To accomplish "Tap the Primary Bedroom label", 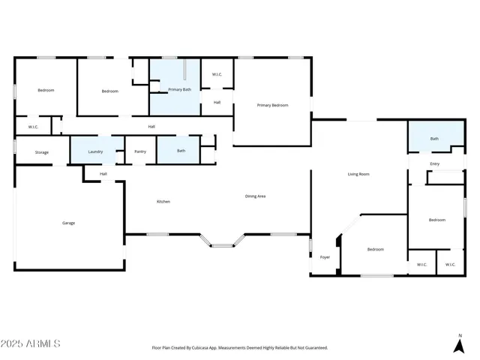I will pyautogui.click(x=272, y=105).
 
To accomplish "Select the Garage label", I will pyautogui.click(x=68, y=223).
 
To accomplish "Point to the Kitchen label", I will pyautogui.click(x=163, y=202).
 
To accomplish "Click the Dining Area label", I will pyautogui.click(x=256, y=196).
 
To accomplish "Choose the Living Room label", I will pyautogui.click(x=358, y=174).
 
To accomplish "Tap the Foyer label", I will pyautogui.click(x=325, y=257).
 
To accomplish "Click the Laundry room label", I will pyautogui.click(x=95, y=151).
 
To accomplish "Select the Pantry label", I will pyautogui.click(x=140, y=151).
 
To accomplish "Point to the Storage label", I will pyautogui.click(x=42, y=152).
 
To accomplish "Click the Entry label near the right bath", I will pyautogui.click(x=435, y=164).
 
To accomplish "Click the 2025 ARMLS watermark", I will pyautogui.click(x=31, y=343).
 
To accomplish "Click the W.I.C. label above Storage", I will pyautogui.click(x=33, y=127).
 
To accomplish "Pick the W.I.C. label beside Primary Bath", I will pyautogui.click(x=217, y=74).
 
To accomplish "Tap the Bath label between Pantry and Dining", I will pyautogui.click(x=181, y=151).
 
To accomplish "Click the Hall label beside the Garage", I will pyautogui.click(x=103, y=174).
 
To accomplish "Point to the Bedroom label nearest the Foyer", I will pyautogui.click(x=375, y=250).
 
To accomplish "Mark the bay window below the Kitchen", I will pyautogui.click(x=221, y=243).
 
